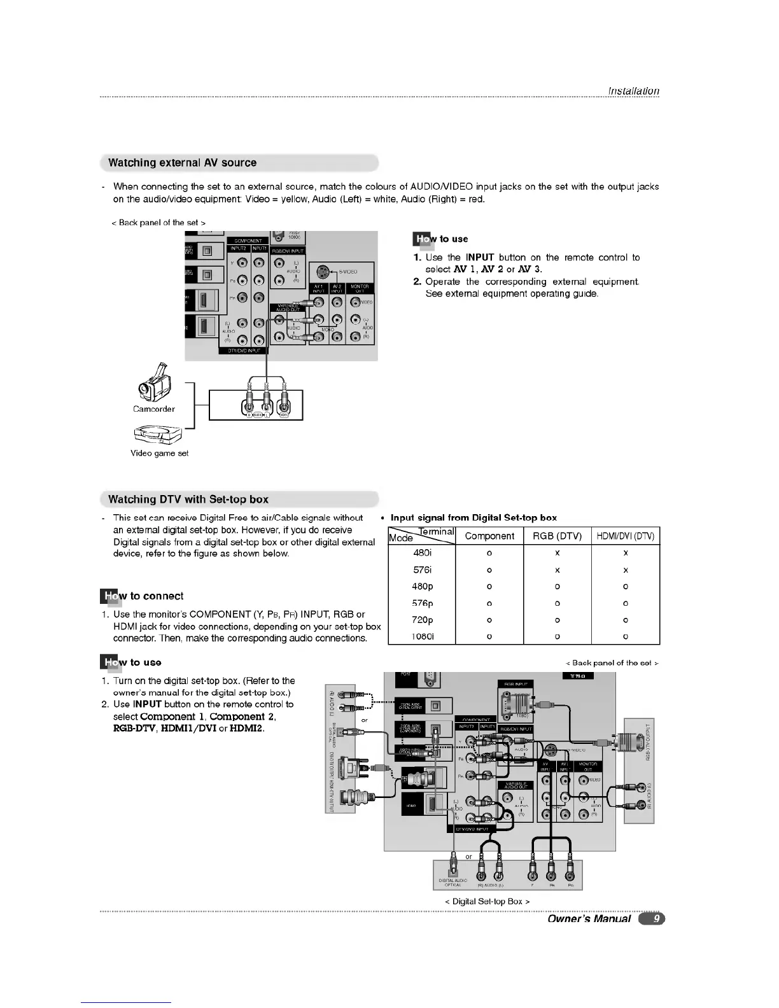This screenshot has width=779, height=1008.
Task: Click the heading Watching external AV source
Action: (x=182, y=163)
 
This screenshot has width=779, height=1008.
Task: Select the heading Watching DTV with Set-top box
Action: (x=188, y=500)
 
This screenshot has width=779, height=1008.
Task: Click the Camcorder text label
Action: (x=153, y=409)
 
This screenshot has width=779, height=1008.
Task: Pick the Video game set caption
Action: (x=159, y=454)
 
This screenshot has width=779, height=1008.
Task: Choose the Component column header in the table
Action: (x=489, y=536)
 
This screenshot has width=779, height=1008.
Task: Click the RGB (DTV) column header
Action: (x=557, y=536)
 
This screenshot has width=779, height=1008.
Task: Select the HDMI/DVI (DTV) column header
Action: (x=626, y=536)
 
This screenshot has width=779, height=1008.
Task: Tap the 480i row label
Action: (x=422, y=554)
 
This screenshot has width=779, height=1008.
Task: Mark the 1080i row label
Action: (x=422, y=636)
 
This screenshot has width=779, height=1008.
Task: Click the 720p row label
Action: (x=422, y=620)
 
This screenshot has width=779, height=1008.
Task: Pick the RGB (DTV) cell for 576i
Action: (x=557, y=570)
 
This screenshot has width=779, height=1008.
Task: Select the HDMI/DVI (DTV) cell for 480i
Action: (x=626, y=554)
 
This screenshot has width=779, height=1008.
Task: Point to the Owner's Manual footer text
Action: (x=589, y=918)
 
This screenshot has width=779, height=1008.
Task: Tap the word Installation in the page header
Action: (x=633, y=91)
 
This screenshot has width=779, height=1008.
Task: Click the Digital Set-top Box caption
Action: (x=487, y=901)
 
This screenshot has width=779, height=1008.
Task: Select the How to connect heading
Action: (x=142, y=596)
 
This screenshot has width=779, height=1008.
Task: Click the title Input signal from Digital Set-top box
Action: (x=474, y=518)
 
